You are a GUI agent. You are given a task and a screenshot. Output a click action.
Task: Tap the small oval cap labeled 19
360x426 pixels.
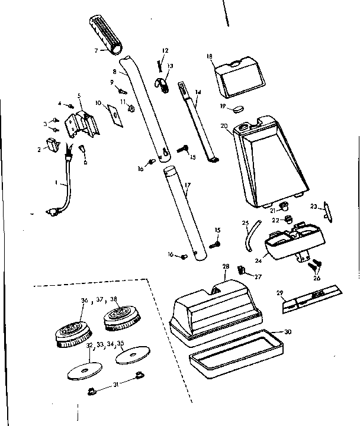[237, 108]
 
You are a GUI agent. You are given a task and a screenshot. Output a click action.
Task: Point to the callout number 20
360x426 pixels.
[224, 126]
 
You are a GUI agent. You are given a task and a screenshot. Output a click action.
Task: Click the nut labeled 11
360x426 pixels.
[131, 108]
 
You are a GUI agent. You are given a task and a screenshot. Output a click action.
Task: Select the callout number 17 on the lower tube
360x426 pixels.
[187, 186]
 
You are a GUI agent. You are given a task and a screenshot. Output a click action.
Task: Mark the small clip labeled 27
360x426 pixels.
[242, 270]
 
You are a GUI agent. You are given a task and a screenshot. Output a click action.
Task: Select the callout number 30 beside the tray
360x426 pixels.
[288, 331]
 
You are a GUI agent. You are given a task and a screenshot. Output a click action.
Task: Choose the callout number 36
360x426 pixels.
[83, 300]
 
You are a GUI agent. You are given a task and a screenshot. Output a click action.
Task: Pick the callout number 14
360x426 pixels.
[197, 92]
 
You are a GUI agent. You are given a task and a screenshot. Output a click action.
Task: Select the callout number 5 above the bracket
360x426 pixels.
[79, 95]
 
